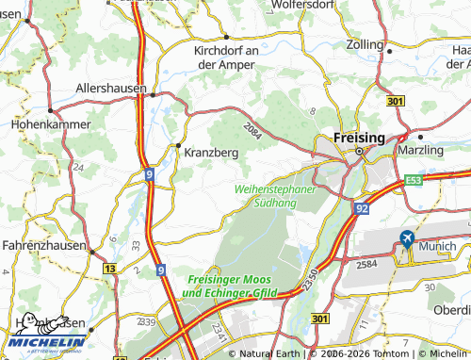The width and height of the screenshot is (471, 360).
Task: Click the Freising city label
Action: pos(360,138)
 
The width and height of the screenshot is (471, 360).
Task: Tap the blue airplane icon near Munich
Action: pos(407,238)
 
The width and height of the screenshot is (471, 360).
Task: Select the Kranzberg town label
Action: pos(206,152)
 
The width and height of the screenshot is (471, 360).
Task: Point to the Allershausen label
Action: pos(111,88)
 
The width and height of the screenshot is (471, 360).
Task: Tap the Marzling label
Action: pos(420,150)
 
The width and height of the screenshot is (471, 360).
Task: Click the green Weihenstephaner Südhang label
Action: pos(274,195)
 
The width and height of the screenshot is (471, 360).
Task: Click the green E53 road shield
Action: pos(415,178)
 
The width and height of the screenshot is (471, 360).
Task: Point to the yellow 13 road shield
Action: pos(111,269)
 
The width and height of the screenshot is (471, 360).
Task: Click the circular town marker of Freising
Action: pos(359,151)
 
